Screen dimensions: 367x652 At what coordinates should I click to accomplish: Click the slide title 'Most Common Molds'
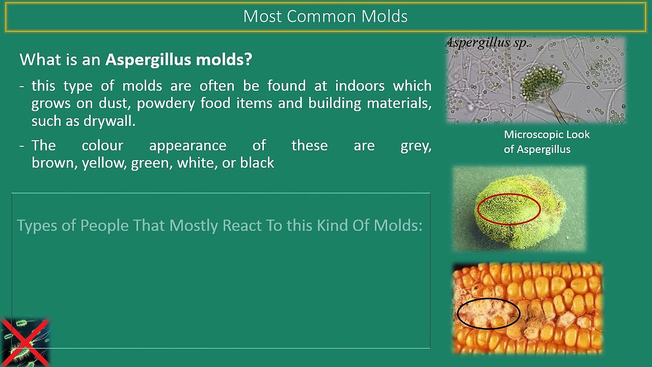pyautogui.click(x=325, y=16)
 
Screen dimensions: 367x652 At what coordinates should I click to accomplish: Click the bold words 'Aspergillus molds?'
pyautogui.click(x=178, y=60)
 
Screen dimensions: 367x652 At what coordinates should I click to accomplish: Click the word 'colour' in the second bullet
pyautogui.click(x=102, y=146)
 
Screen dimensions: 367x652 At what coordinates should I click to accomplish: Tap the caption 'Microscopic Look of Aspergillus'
pyautogui.click(x=546, y=142)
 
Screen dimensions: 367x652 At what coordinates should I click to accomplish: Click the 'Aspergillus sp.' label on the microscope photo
pyautogui.click(x=487, y=43)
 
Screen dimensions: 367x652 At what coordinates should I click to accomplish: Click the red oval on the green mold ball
pyautogui.click(x=508, y=209)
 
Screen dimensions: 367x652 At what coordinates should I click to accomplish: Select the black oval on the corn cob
pyautogui.click(x=488, y=313)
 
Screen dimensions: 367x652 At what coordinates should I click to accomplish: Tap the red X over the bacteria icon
pyautogui.click(x=24, y=343)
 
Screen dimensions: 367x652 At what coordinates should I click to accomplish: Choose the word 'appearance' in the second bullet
pyautogui.click(x=187, y=146)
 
